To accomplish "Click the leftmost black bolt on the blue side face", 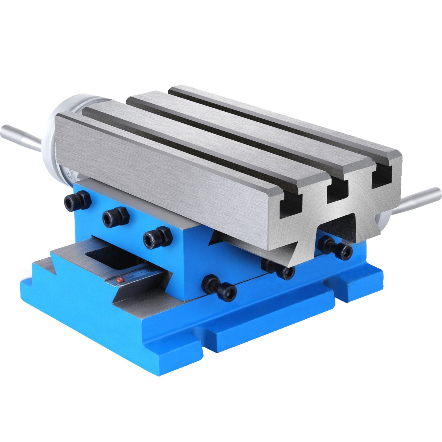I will click(x=77, y=201).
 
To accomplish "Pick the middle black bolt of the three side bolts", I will click(x=115, y=217).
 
